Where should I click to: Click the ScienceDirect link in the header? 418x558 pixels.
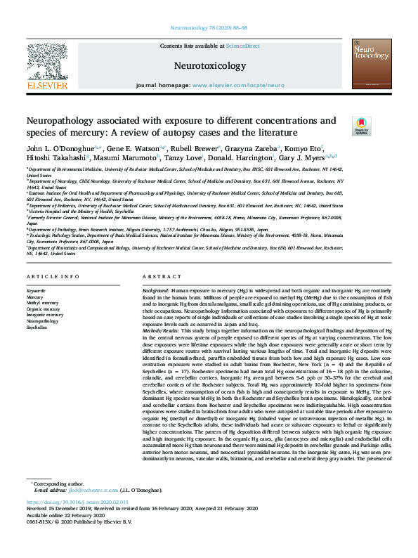pyautogui.click(x=244, y=46)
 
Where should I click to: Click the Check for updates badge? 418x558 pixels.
pyautogui.click(x=360, y=126)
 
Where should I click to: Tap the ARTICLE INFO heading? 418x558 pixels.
pyautogui.click(x=53, y=278)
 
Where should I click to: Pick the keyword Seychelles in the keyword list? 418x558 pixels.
pyautogui.click(x=37, y=327)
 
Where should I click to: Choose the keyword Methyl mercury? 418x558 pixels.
pyautogui.click(x=41, y=303)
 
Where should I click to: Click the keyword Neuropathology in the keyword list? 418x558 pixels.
pyautogui.click(x=42, y=321)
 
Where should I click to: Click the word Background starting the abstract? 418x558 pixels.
pyautogui.click(x=155, y=290)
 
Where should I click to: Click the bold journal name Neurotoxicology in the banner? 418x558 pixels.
pyautogui.click(x=209, y=66)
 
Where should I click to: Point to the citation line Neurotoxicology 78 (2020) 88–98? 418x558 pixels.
pyautogui.click(x=209, y=29)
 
